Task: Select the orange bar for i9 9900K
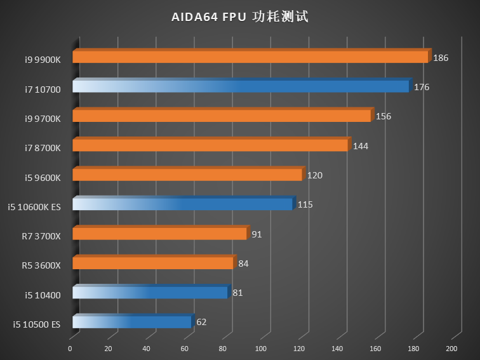click(250, 57)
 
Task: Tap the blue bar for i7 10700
click(241, 87)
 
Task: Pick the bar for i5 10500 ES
click(132, 323)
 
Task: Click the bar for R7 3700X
click(159, 234)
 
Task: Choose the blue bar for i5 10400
click(150, 293)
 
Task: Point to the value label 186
click(441, 58)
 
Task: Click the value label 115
click(305, 205)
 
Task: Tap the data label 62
click(201, 323)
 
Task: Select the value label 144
click(361, 146)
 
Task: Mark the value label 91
click(257, 234)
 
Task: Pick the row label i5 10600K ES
click(34, 207)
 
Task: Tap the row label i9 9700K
click(43, 119)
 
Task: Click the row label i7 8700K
click(43, 149)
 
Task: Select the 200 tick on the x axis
click(451, 349)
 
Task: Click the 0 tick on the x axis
click(70, 349)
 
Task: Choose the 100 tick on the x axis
click(261, 349)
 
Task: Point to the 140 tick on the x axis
click(337, 349)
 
